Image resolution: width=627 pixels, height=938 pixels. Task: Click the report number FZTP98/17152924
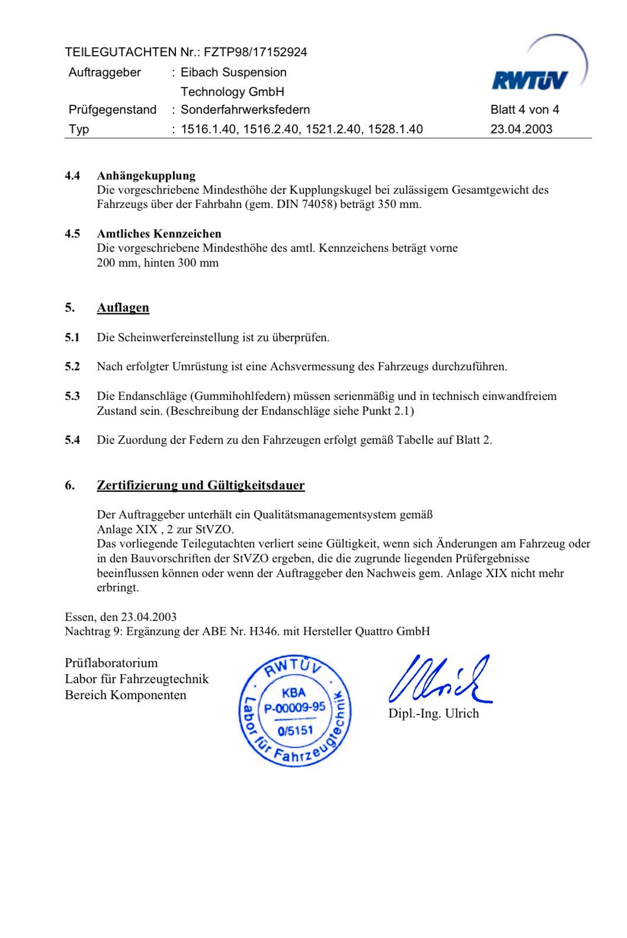255,52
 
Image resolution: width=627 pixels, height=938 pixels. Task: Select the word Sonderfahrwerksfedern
245,110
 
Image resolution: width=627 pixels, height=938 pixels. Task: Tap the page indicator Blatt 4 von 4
524,110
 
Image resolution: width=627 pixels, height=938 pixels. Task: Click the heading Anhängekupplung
146,175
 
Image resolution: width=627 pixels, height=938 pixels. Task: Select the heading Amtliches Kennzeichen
159,233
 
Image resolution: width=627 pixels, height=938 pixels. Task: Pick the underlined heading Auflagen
123,308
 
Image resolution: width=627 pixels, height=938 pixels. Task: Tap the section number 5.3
72,396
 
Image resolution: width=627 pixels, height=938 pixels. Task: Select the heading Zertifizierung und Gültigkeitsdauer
200,485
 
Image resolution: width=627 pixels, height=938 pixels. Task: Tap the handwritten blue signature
439,680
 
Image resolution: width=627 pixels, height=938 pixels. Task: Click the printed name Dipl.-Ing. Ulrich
433,713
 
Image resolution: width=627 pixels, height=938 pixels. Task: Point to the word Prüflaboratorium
111,663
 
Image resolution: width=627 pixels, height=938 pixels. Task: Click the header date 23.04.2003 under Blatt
521,129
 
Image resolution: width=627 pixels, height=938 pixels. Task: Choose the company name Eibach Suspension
233,72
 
